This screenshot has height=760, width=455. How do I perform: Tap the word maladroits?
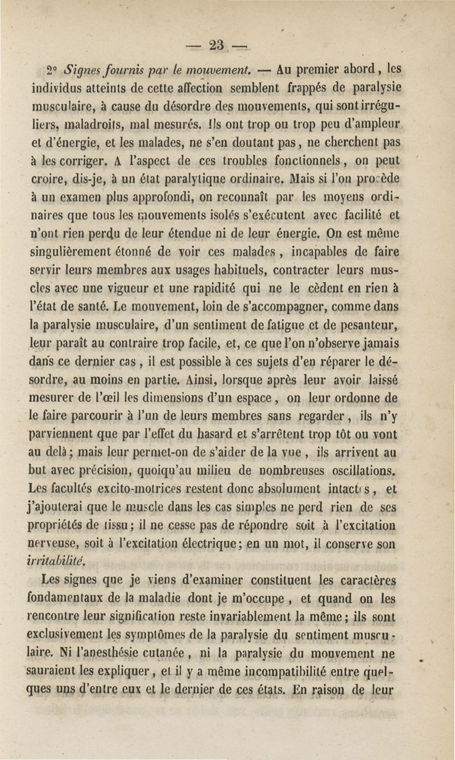[x=90, y=121]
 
